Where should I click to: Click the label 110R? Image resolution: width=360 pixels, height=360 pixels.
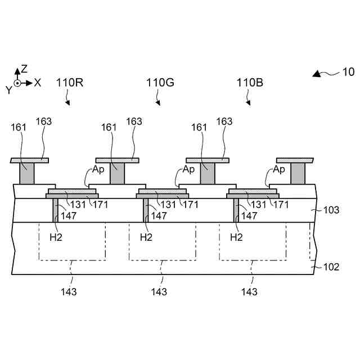(x=70, y=83)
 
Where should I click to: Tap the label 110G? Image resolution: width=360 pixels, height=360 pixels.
(x=160, y=83)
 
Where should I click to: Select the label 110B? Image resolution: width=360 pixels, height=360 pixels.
(x=250, y=83)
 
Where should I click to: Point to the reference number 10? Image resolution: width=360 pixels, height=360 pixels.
(x=348, y=72)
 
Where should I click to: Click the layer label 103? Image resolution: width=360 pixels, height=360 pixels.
(x=331, y=210)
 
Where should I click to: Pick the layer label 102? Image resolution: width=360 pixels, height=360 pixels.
(x=331, y=267)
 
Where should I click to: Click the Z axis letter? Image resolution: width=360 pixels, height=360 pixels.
(x=24, y=69)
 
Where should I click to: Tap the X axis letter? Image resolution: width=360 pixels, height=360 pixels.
(x=38, y=83)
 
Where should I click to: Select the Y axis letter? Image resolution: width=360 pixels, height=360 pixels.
(x=8, y=89)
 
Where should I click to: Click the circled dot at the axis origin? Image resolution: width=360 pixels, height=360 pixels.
(x=17, y=83)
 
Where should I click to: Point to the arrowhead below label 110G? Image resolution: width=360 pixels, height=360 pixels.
(x=159, y=103)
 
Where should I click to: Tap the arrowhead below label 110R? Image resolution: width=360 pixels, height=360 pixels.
(x=69, y=103)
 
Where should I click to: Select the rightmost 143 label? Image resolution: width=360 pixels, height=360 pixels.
(x=249, y=292)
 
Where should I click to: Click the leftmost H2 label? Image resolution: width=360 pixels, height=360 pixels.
(x=56, y=237)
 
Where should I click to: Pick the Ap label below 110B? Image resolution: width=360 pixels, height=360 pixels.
(x=280, y=169)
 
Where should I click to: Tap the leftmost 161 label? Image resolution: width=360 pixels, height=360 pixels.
(x=19, y=127)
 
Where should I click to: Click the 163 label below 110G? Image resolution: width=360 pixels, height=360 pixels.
(x=134, y=121)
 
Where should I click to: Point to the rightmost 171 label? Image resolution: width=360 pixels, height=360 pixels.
(x=281, y=205)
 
